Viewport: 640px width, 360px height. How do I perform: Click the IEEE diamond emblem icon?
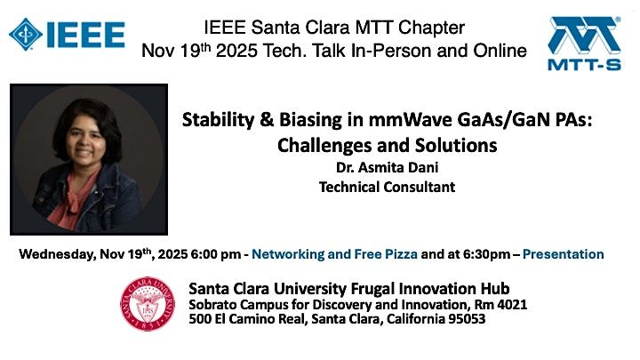coord(25,33)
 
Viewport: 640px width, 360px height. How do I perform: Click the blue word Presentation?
coord(564,254)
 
